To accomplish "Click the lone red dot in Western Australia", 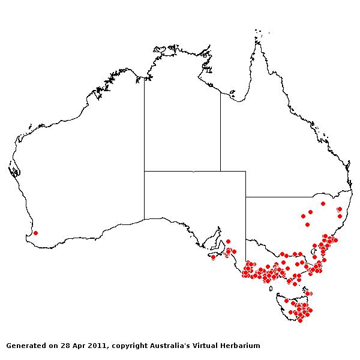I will [x=35, y=233].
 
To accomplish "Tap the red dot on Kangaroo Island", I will [x=213, y=257].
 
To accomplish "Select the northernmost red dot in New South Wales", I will [x=323, y=203].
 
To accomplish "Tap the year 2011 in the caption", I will [x=97, y=346].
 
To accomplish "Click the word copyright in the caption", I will [x=132, y=346].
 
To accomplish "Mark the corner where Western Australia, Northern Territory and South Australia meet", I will [x=144, y=171].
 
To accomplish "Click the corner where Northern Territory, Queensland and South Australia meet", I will [x=220, y=171].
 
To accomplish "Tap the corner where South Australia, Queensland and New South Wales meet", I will [x=245, y=196].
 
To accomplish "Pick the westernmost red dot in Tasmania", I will [x=287, y=301].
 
